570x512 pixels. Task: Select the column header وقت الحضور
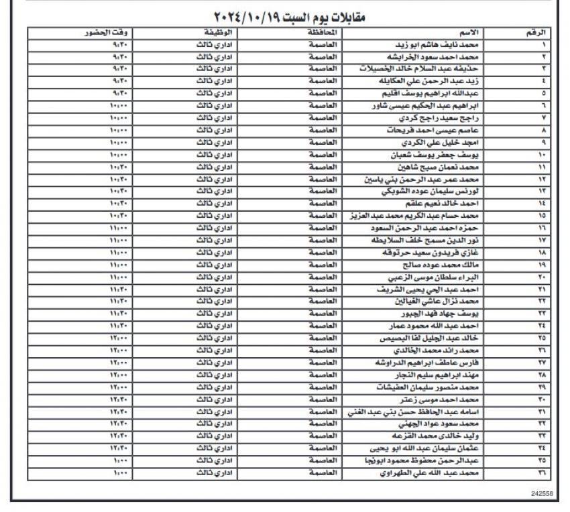[x=107, y=33]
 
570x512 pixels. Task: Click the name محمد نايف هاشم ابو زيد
[x=435, y=45]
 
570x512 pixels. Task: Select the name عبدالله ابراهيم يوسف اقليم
[x=437, y=93]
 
